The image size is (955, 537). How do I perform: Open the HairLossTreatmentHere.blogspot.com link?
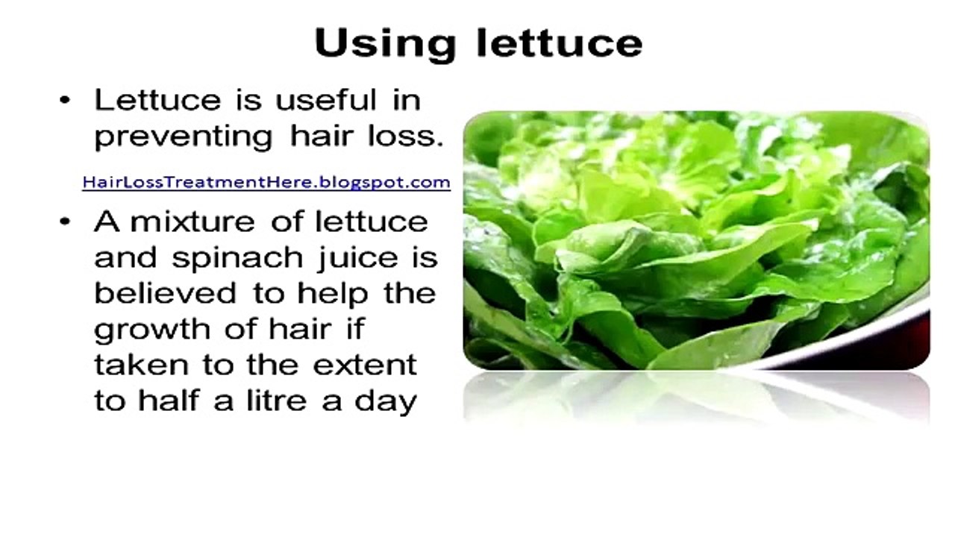(x=266, y=181)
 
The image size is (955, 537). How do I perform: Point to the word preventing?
(x=184, y=137)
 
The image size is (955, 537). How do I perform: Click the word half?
(x=163, y=401)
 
